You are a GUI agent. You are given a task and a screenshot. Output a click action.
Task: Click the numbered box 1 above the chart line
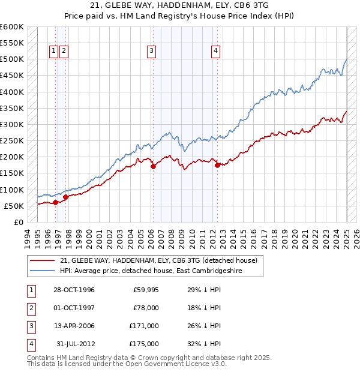(x=53, y=52)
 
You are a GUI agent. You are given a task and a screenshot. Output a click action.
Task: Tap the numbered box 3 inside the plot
(x=151, y=52)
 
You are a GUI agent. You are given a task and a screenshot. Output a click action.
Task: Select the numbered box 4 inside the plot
(x=215, y=52)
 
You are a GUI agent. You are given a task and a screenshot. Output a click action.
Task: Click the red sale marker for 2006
(x=153, y=167)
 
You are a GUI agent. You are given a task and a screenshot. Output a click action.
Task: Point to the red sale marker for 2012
(x=217, y=165)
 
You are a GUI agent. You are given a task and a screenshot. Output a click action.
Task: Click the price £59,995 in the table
(x=145, y=290)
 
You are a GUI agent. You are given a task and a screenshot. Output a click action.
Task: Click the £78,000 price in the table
(x=145, y=308)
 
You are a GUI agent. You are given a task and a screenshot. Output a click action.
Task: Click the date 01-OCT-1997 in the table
(x=75, y=308)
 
